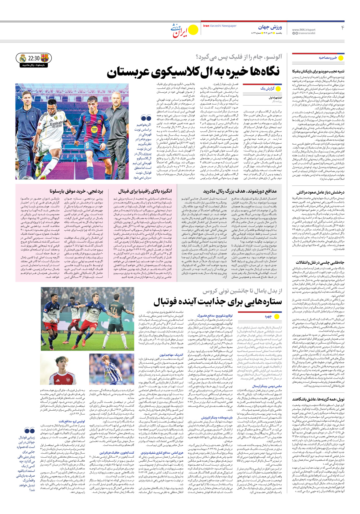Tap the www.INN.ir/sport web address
click(304, 30)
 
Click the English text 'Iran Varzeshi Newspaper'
click(220, 26)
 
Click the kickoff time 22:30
click(34, 58)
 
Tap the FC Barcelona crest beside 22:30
click(45, 58)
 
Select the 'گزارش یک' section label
click(267, 88)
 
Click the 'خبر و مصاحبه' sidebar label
click(328, 58)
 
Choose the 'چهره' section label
click(268, 316)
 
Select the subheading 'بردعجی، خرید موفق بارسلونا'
click(76, 191)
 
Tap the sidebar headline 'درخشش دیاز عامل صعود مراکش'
click(320, 192)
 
